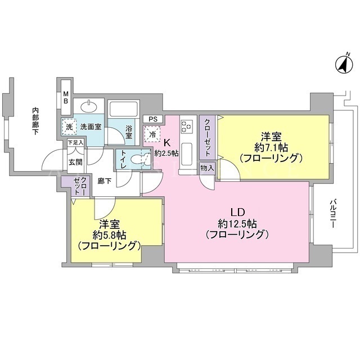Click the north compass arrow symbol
tap(344, 65)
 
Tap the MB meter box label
tap(66, 97)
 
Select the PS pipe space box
tap(153, 119)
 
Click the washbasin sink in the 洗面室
tap(88, 107)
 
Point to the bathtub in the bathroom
tap(124, 110)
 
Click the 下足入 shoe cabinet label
tap(75, 142)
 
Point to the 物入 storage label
tap(207, 168)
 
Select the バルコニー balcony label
tap(332, 214)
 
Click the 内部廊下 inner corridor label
tap(35, 121)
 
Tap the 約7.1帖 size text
tap(271, 148)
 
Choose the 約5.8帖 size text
tap(109, 235)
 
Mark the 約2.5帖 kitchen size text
tap(166, 153)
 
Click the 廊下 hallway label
tap(105, 182)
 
